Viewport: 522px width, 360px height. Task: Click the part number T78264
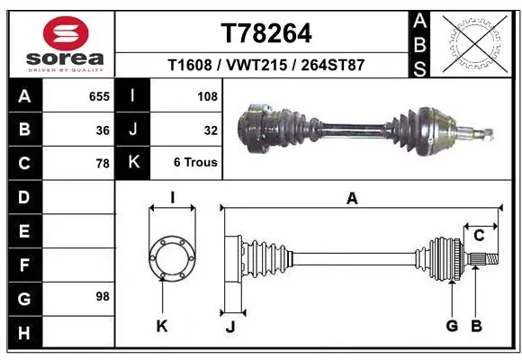click(266, 34)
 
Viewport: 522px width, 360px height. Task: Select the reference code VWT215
click(265, 66)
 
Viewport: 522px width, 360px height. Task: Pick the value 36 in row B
click(103, 130)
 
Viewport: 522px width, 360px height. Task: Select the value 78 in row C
click(103, 164)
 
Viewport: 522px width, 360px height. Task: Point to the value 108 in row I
click(207, 95)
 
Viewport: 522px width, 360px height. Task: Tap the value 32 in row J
click(211, 130)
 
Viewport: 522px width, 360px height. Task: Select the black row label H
click(24, 333)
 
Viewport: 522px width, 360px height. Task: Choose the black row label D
click(24, 197)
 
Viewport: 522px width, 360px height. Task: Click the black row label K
click(133, 164)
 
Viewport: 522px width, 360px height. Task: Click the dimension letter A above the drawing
click(352, 199)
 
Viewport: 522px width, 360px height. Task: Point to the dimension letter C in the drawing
click(479, 236)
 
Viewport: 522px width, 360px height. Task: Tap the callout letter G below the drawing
click(452, 326)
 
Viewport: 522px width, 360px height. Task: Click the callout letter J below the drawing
click(230, 327)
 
